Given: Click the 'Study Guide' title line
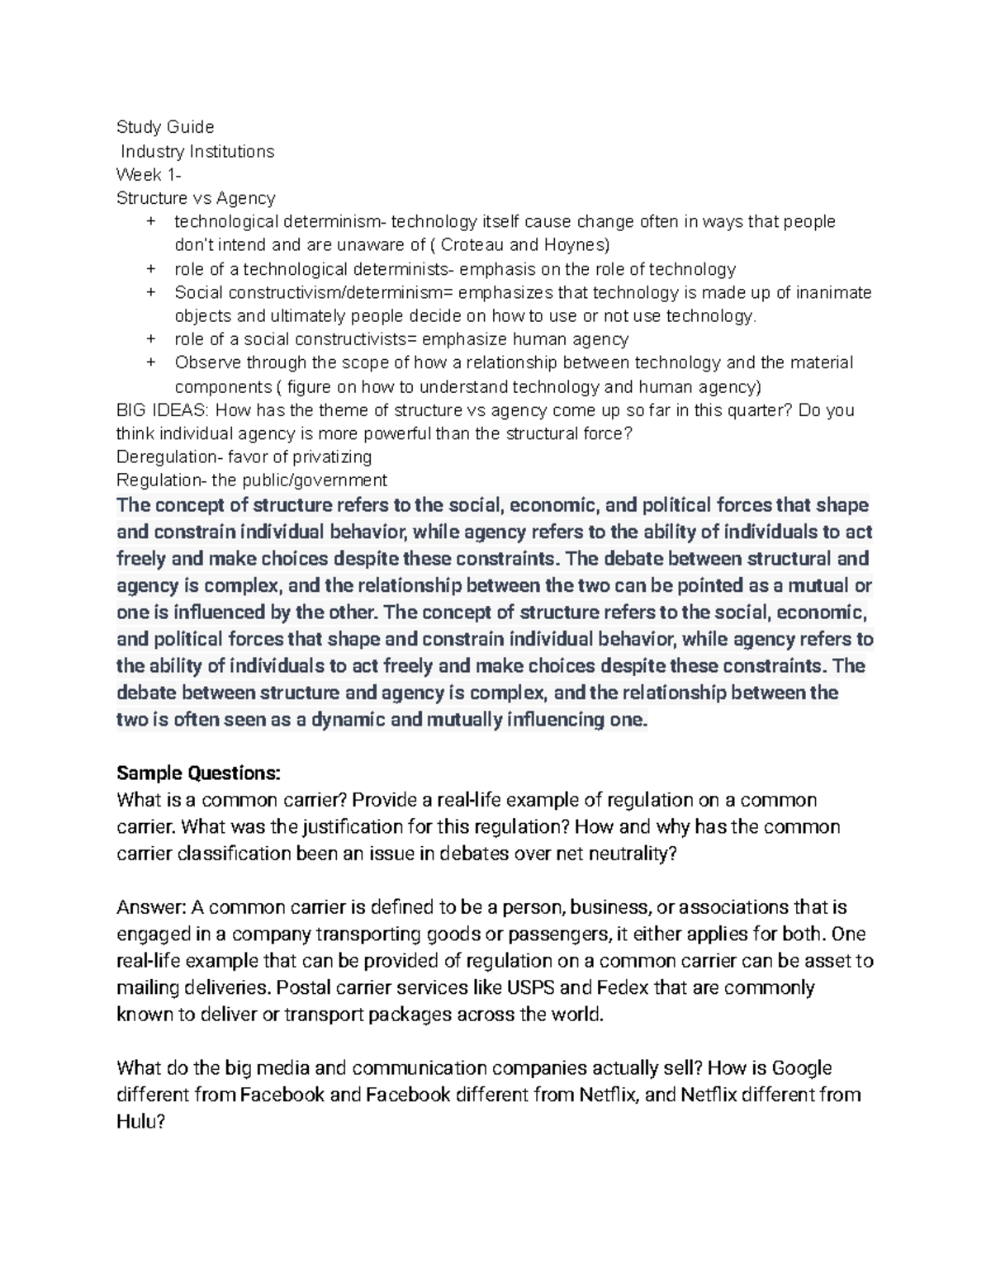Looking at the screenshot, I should pos(165,126).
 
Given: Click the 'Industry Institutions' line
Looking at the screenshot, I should pos(197,151).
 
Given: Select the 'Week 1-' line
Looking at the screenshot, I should pos(149,174).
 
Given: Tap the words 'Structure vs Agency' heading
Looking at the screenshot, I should pos(196,198).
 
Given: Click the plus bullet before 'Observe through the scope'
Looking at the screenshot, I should pos(151,362).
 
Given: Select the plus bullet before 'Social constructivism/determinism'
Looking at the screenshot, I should pos(151,292).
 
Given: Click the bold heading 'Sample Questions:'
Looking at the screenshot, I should pos(198,773).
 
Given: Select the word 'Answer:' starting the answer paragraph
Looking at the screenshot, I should pos(152,907).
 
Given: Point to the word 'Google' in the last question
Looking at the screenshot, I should pos(801,1068).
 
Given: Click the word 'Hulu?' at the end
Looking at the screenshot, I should pos(140,1122).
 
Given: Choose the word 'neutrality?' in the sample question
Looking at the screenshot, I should pos(631,854).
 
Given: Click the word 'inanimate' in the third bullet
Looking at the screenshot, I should pos(832,292).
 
